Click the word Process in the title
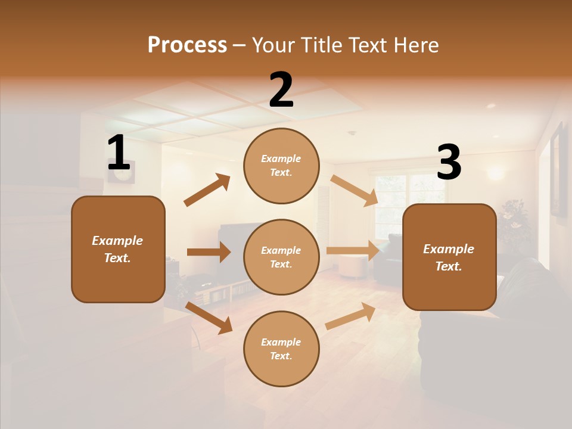187,45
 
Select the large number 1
119,153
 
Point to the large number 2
281,91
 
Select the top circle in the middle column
281,166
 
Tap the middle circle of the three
281,257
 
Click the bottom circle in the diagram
281,349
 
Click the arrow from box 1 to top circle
207,190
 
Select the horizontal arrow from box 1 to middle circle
209,252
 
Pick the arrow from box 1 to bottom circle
209,318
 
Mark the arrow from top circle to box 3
354,190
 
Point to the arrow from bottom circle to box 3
350,316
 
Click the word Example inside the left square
117,241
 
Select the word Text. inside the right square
449,266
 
